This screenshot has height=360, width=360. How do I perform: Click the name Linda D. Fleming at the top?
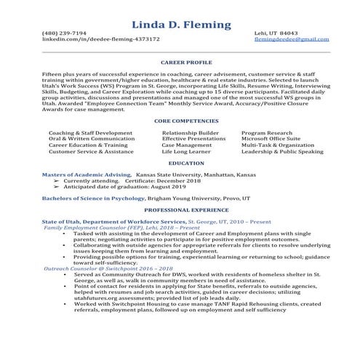pos(181,27)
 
